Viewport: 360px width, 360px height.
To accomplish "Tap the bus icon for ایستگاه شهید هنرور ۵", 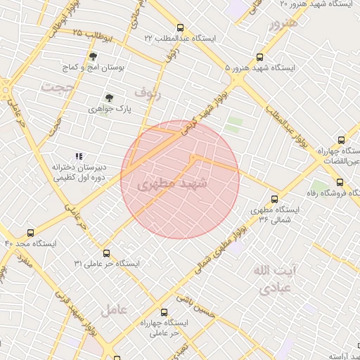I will point(261,58).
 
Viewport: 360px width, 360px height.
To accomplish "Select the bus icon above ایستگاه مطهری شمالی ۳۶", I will point(274,199).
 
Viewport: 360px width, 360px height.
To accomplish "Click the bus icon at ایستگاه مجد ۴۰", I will point(30,233).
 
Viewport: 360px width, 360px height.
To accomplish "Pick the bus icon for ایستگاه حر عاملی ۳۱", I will point(106,253).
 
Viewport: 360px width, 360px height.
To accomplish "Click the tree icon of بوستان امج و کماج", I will point(93,56).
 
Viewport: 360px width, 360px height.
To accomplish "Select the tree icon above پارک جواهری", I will point(109,98).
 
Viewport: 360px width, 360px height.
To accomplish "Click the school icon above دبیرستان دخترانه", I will point(79,156).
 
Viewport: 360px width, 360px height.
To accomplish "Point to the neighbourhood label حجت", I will point(57,87).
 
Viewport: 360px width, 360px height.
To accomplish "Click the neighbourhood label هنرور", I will point(283,24).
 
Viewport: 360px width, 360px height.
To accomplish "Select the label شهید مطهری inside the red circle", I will point(174,184).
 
